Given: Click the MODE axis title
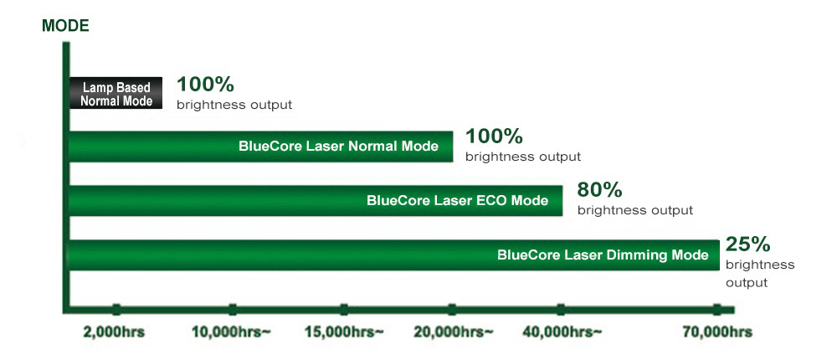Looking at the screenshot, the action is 65,26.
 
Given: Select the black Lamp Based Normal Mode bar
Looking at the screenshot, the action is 116,93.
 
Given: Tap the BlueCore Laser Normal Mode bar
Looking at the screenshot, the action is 261,147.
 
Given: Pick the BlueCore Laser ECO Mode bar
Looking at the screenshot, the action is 316,201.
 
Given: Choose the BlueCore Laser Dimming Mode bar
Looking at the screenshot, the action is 394,255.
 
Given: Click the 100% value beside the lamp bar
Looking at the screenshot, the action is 205,85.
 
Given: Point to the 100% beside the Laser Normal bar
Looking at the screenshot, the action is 494,136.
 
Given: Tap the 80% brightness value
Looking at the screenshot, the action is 599,189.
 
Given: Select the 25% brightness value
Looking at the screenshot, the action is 747,244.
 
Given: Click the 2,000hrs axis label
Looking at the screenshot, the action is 114,332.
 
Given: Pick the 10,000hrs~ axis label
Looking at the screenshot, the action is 231,332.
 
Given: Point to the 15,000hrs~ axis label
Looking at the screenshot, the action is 344,332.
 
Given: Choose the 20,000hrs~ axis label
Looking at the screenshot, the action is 454,332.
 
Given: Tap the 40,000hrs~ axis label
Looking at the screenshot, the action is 562,332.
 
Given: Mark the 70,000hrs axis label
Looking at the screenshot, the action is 717,332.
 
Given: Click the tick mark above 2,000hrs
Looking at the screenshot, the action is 116,310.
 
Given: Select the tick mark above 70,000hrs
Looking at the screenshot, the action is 717,310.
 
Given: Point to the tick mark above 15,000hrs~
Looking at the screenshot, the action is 344,310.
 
